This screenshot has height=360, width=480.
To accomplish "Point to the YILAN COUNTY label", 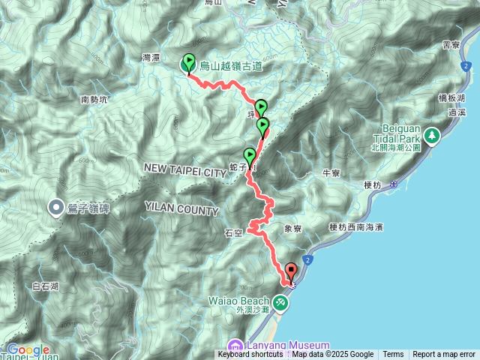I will (x=182, y=211).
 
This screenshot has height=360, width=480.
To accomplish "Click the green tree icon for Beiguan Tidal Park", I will (x=432, y=136).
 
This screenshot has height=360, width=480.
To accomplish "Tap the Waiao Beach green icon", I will (x=280, y=302).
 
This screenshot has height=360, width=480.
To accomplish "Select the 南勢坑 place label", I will (x=94, y=99).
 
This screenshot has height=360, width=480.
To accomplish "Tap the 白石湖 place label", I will (x=46, y=286).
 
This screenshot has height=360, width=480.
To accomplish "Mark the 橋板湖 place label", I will (x=451, y=97).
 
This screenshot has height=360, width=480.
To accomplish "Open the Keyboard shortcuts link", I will (x=250, y=355).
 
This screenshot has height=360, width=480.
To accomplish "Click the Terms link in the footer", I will (x=393, y=355).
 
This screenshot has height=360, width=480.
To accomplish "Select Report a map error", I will (x=444, y=355).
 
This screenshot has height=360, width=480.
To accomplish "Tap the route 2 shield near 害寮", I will (x=466, y=67).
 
